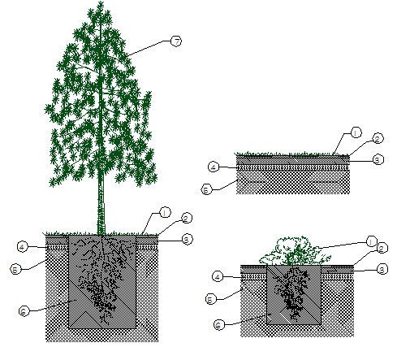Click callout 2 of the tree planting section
point(186,219)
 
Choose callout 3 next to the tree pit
point(187,239)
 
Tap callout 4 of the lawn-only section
point(214,167)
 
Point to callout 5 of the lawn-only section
point(206,189)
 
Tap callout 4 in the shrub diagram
point(218,276)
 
